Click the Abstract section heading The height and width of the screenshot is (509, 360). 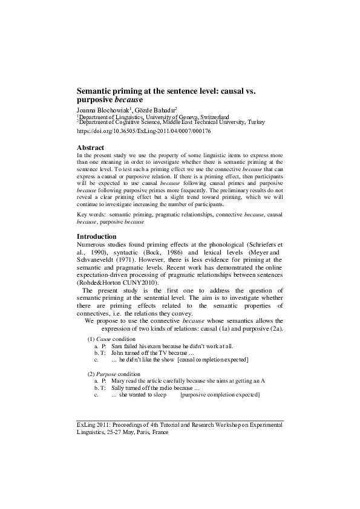coord(91,148)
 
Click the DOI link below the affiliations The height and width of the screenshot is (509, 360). coord(144,131)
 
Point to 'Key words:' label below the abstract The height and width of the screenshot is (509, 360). coord(90,214)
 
